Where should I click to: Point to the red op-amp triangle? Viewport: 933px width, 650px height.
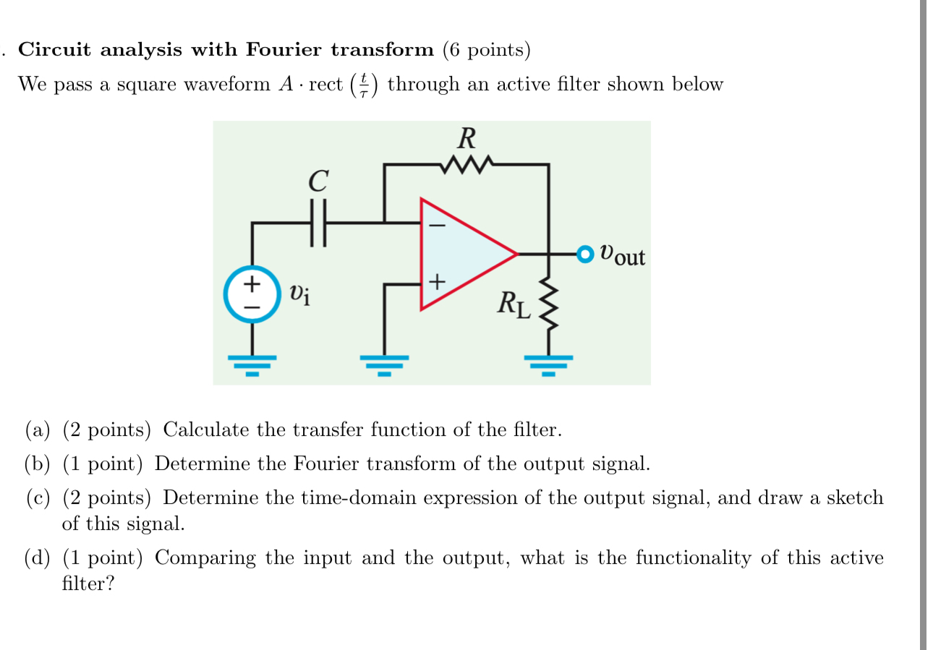pos(466,254)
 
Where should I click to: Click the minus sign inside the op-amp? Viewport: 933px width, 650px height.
pos(438,225)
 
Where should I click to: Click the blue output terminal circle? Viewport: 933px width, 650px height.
pos(584,254)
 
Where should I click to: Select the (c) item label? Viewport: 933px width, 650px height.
pos(38,498)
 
